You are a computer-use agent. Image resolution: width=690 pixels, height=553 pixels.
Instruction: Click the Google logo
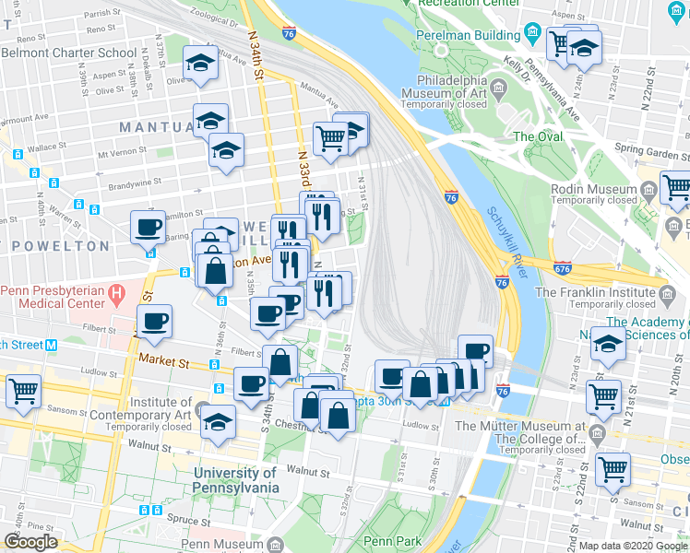pyautogui.click(x=31, y=542)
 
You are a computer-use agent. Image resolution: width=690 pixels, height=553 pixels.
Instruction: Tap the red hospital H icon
pyautogui.click(x=116, y=294)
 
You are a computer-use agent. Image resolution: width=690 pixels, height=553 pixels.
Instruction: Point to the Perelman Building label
pyautogui.click(x=475, y=34)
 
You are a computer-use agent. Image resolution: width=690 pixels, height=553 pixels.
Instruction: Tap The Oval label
pyautogui.click(x=538, y=136)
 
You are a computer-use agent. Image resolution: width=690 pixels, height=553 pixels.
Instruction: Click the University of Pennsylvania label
pyautogui.click(x=235, y=480)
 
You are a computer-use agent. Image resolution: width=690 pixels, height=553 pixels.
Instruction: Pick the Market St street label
pyautogui.click(x=164, y=360)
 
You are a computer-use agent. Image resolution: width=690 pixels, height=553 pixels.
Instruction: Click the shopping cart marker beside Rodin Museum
pyautogui.click(x=676, y=187)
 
